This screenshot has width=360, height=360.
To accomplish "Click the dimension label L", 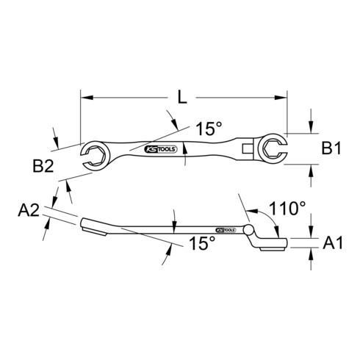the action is coord(182,97).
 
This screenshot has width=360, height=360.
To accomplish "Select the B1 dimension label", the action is coord(331,148).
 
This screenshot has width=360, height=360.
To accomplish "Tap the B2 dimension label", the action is coord(43,166).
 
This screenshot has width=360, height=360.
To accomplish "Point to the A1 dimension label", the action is coord(333,242).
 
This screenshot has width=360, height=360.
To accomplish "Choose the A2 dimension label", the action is coord(29,210).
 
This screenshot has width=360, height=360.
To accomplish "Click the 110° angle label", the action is coord(287,209).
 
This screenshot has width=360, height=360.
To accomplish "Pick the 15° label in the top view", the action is coord(209,129).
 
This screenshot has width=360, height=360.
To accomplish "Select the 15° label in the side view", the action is coord(202,243).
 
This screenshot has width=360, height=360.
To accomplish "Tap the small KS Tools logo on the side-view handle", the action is coord(226,230).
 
